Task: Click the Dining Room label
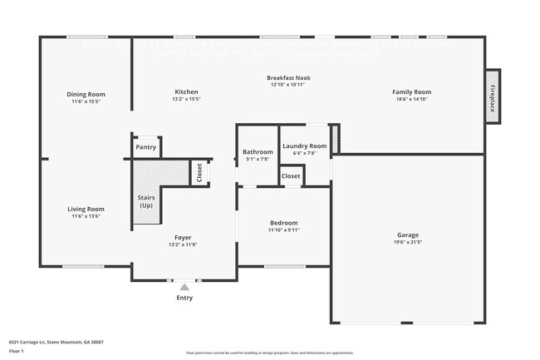tap(86, 94)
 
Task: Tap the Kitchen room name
tap(186, 91)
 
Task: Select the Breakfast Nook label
tap(287, 78)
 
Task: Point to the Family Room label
tap(412, 91)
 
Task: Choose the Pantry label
tap(146, 147)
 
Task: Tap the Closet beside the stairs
tap(200, 172)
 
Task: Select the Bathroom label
tap(258, 152)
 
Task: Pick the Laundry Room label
tap(305, 146)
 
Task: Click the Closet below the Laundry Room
tap(291, 176)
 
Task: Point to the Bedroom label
tap(283, 223)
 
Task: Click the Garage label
tap(407, 235)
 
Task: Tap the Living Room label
tap(86, 209)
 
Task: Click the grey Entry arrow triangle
tap(184, 288)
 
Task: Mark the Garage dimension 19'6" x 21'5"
tap(407, 243)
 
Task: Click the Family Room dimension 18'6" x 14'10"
tap(412, 99)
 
